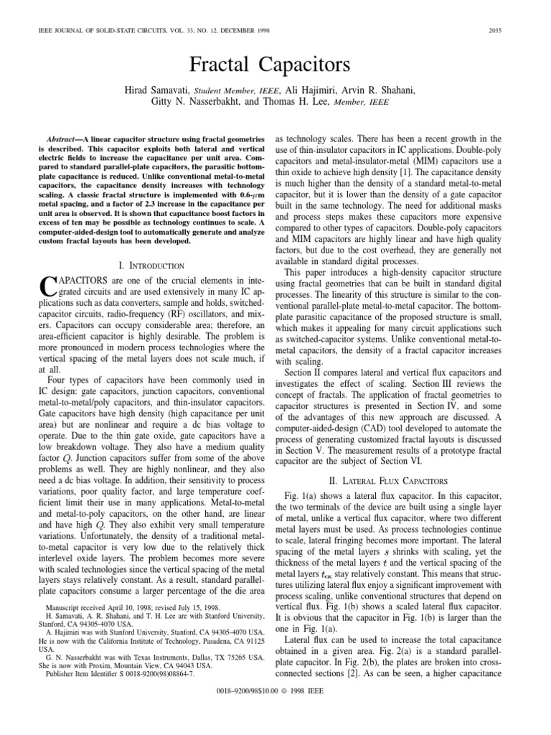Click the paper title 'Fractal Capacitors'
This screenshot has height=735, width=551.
[x=275, y=65]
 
